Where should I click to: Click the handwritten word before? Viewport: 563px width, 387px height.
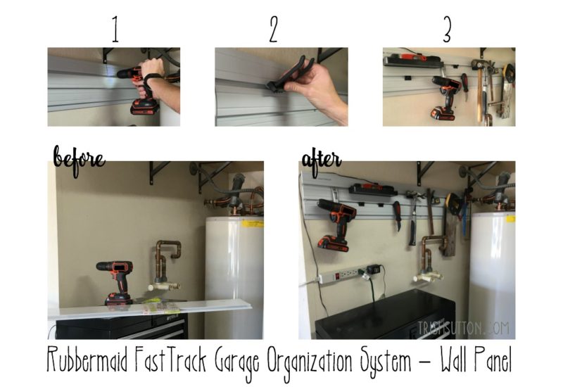coord(79,157)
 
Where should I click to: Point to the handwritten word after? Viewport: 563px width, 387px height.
coord(321,158)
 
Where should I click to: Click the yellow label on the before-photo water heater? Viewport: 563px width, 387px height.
coord(253,223)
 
